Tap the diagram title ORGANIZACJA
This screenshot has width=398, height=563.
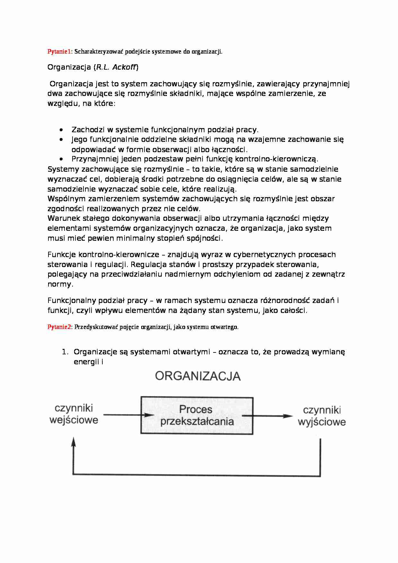point(198,376)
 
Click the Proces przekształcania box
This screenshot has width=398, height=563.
point(197,415)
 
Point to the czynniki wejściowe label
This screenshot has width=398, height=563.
point(74,414)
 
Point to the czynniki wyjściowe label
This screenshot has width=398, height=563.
point(322,416)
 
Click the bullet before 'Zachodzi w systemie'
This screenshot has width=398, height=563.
point(61,130)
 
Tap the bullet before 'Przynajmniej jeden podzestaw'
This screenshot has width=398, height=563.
point(61,159)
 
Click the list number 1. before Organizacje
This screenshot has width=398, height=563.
point(65,352)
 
